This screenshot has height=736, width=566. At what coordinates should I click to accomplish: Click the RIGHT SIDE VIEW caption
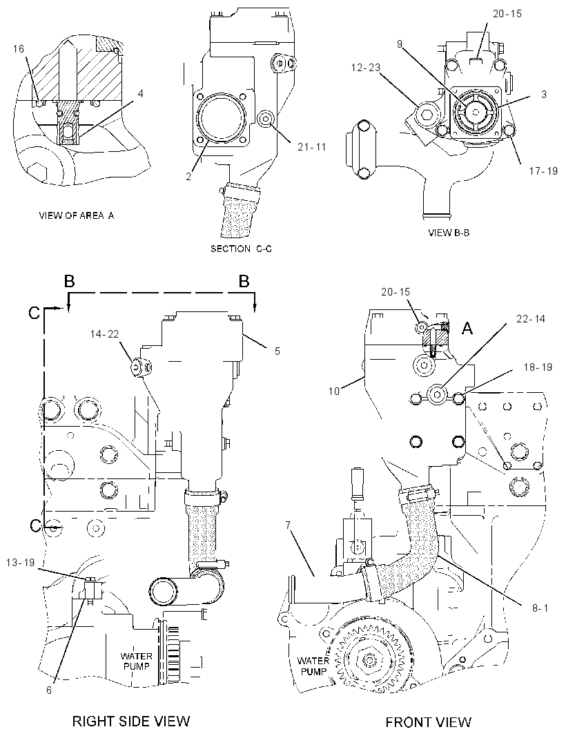(131, 721)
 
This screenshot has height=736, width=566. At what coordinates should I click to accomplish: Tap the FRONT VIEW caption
(428, 722)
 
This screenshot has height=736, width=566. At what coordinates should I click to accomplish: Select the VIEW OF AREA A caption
(76, 215)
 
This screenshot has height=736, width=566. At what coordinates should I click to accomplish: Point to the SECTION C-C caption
(241, 249)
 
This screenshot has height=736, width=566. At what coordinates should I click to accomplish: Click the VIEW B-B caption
(449, 233)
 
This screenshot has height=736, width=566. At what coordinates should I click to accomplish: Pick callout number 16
(19, 48)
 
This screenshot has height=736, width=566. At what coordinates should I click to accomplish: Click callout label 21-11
(311, 147)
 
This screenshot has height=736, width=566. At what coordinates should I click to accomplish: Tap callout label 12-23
(366, 68)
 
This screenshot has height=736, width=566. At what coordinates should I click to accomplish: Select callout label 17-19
(543, 171)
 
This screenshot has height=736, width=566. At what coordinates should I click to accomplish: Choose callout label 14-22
(105, 333)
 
